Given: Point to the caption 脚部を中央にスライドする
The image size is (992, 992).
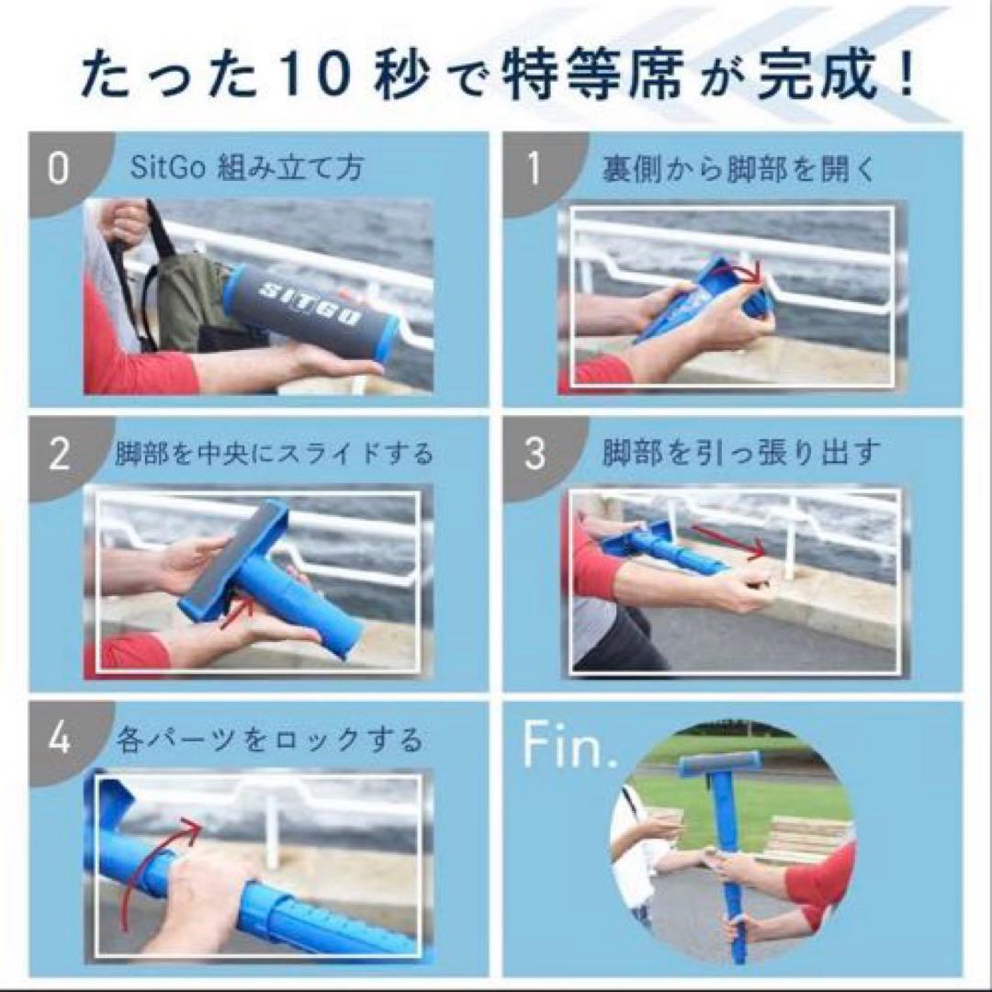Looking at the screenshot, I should (x=274, y=454).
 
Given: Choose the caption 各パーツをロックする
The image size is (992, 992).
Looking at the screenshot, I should (x=270, y=738).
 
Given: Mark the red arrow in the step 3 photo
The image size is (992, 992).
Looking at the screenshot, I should (x=728, y=542).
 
